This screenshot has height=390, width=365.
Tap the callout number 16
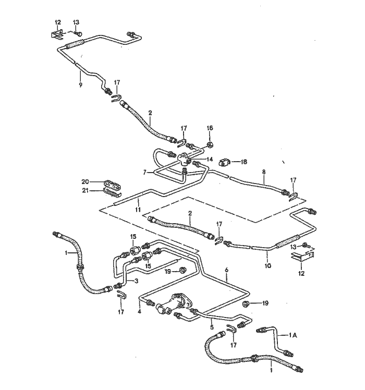[210, 128]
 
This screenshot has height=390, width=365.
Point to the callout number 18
[243, 162]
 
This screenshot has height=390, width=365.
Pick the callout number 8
[264, 172]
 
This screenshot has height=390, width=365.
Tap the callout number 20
[85, 181]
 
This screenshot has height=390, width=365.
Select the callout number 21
[85, 191]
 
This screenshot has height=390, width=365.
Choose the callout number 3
[136, 282]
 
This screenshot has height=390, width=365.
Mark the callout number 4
[139, 312]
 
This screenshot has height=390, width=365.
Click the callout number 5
[212, 327]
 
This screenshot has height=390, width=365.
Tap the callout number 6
[227, 270]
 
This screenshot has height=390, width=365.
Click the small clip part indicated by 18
[224, 162]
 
